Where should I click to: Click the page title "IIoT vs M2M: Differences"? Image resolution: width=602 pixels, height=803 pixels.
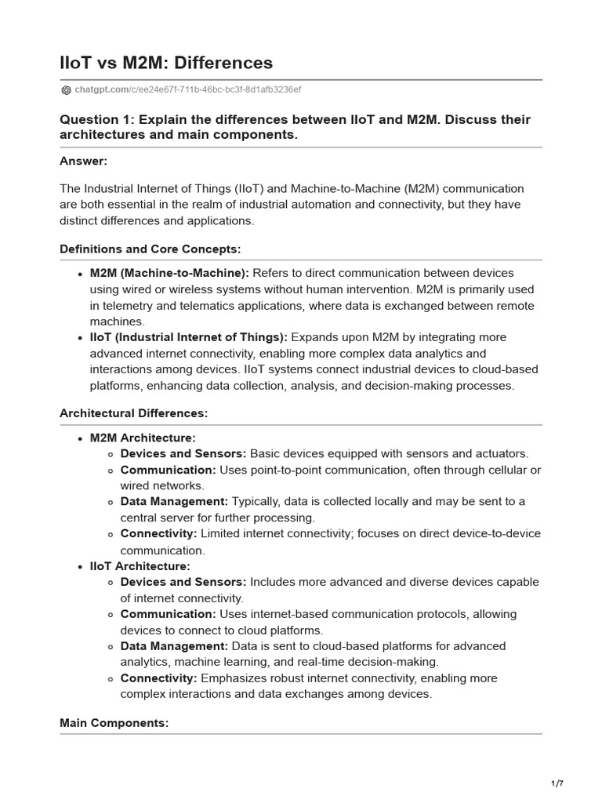166,63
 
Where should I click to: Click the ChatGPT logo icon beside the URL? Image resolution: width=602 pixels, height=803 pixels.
66,90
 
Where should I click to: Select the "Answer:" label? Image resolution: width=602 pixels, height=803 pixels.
83,161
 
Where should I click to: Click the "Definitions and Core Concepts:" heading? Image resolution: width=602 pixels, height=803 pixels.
150,249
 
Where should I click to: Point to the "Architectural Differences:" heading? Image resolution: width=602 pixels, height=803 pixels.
134,412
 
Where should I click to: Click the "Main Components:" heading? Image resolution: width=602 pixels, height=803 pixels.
114,723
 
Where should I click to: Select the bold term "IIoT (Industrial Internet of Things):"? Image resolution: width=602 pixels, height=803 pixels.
189,337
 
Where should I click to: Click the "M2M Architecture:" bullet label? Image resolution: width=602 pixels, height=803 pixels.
143,438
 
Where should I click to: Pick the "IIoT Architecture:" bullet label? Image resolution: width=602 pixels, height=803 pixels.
140,565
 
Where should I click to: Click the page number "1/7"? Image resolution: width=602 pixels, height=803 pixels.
557,783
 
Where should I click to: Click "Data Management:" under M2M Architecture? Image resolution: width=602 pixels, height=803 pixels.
174,501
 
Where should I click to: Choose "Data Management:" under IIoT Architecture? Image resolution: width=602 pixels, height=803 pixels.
174,646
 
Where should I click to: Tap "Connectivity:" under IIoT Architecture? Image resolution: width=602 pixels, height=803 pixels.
158,678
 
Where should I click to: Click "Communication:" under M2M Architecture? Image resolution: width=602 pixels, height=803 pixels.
168,470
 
